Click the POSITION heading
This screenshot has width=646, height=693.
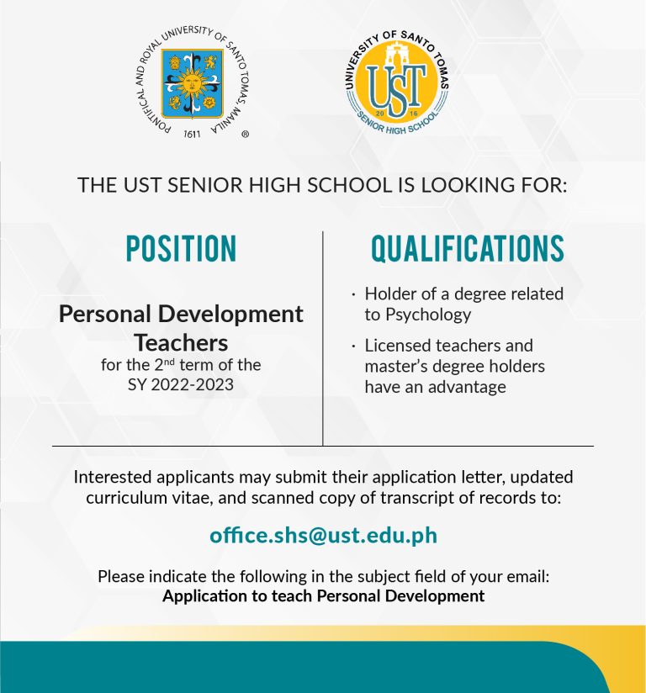pyautogui.click(x=181, y=249)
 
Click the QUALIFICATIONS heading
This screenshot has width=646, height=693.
pyautogui.click(x=468, y=249)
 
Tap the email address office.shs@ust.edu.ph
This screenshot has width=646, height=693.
pyautogui.click(x=323, y=535)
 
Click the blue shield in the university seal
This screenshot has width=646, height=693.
pyautogui.click(x=192, y=83)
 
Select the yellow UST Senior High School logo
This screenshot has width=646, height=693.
pyautogui.click(x=397, y=82)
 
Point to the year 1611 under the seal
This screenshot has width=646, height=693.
pyautogui.click(x=192, y=134)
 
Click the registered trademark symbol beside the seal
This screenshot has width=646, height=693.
pyautogui.click(x=246, y=134)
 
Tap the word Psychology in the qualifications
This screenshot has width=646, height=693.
pyautogui.click(x=428, y=315)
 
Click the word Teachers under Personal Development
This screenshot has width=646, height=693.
pyautogui.click(x=181, y=343)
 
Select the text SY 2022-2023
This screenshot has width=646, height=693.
pyautogui.click(x=180, y=384)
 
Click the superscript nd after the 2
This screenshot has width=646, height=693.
pyautogui.click(x=169, y=361)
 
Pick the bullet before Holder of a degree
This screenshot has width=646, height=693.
pyautogui.click(x=353, y=294)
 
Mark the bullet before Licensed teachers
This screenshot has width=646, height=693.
pyautogui.click(x=353, y=346)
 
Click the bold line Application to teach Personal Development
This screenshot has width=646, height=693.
pyautogui.click(x=323, y=596)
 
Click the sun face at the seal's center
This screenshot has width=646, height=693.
pyautogui.click(x=192, y=82)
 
